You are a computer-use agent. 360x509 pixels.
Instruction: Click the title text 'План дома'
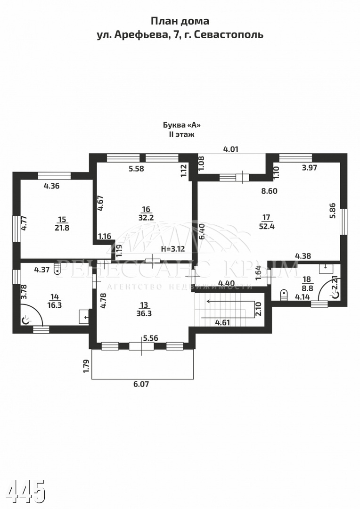coord(180,21)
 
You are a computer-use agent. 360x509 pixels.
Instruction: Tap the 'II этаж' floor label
coord(181,134)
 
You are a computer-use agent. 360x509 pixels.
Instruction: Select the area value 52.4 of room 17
coord(267,226)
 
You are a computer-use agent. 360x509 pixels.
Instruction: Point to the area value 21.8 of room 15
coord(62,228)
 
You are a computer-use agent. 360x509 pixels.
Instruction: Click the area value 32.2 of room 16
coord(146,217)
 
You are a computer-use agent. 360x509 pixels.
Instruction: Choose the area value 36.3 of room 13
coord(144,313)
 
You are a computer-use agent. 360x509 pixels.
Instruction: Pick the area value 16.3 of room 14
coord(54,305)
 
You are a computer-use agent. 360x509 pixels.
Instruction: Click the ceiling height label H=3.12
coord(173,249)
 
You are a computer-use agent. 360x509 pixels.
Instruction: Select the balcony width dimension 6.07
coord(141,384)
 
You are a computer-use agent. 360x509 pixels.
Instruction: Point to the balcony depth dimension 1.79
coord(86,366)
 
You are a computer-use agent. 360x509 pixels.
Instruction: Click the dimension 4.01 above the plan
coord(231,149)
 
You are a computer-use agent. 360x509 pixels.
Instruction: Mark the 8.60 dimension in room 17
coord(270,191)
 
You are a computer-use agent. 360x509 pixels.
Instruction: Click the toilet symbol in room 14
coord(57,270)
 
